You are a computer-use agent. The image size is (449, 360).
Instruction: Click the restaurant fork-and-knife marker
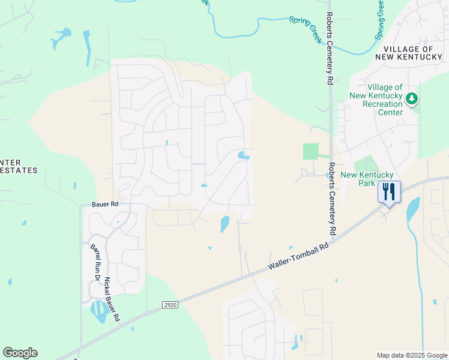tap(389, 192)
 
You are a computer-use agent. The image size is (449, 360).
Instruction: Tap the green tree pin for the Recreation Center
tap(411, 98)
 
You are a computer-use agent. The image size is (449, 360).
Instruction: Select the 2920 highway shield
tap(170, 305)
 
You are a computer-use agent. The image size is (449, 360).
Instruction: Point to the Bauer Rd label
tap(105, 205)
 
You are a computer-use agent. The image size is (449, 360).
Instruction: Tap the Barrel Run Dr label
tap(94, 263)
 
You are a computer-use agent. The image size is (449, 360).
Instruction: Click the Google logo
tap(20, 353)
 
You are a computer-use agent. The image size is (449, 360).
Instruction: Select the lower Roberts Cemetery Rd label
tap(331, 198)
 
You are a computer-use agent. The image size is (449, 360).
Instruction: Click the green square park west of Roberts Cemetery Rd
tap(310, 151)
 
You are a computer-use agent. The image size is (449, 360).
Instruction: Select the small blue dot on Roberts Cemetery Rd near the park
tap(328, 175)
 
